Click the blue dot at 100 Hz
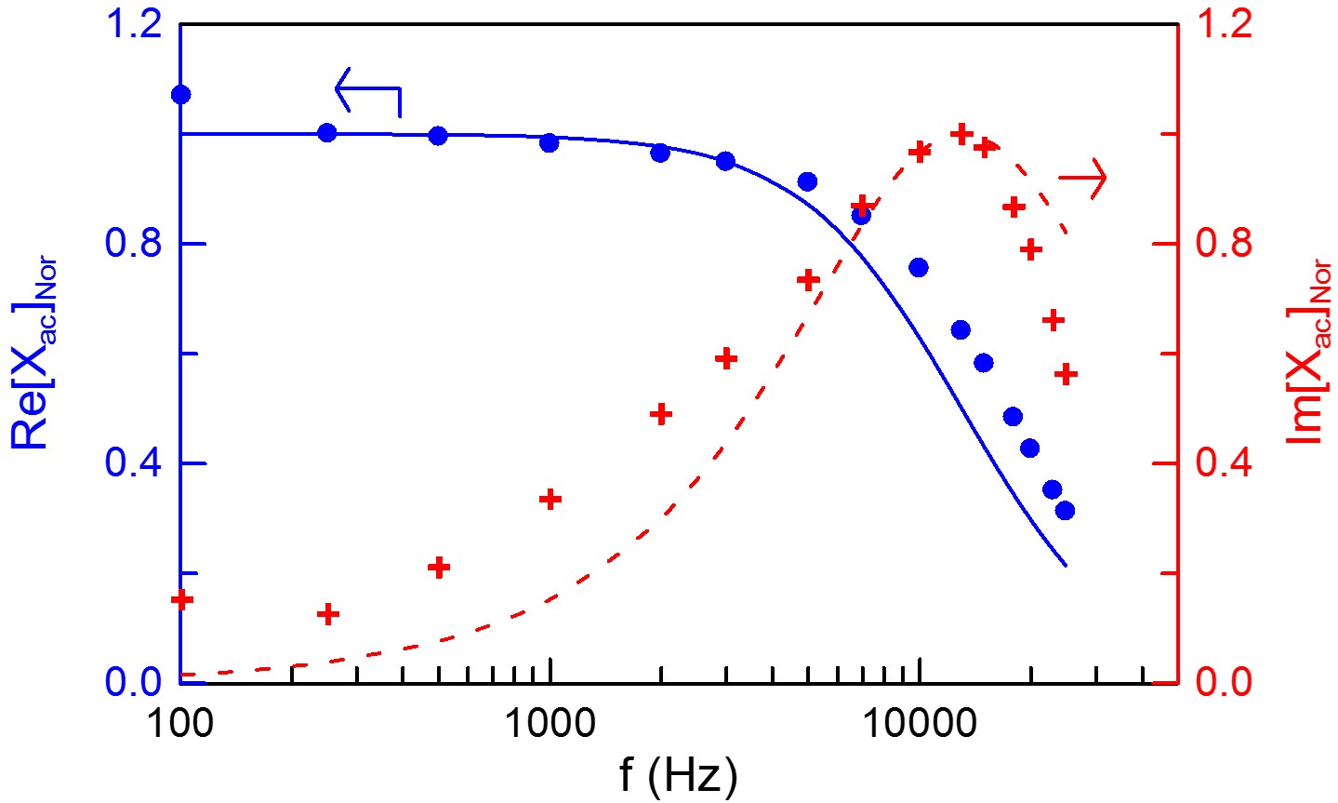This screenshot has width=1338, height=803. pyautogui.click(x=180, y=94)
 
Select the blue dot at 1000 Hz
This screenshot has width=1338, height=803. pyautogui.click(x=550, y=142)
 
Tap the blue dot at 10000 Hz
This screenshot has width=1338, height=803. pyautogui.click(x=919, y=267)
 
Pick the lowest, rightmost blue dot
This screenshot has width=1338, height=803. pyautogui.click(x=1066, y=510)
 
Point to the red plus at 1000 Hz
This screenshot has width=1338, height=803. pyautogui.click(x=550, y=500)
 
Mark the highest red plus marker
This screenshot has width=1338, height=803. pyautogui.click(x=961, y=133)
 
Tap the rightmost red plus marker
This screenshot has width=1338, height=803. pyautogui.click(x=1066, y=374)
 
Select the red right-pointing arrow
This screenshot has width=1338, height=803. pyautogui.click(x=1083, y=177)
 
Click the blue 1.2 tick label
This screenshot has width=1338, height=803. pyautogui.click(x=135, y=24)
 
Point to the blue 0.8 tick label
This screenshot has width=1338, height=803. pyautogui.click(x=135, y=244)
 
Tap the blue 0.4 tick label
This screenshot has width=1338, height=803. pyautogui.click(x=135, y=462)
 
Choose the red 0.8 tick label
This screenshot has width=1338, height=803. pyautogui.click(x=1225, y=244)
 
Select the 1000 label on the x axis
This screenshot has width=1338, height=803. pyautogui.click(x=550, y=724)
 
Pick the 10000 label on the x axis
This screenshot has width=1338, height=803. pyautogui.click(x=919, y=724)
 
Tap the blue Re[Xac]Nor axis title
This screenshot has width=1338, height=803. pyautogui.click(x=35, y=354)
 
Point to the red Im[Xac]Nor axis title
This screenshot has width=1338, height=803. pyautogui.click(x=1310, y=354)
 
